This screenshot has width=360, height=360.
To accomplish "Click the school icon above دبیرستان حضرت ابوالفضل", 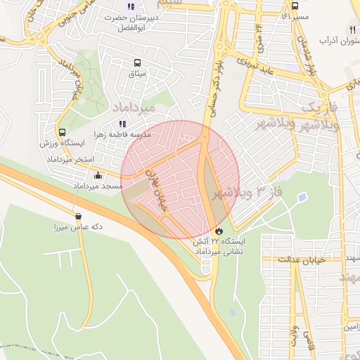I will click(x=131, y=7).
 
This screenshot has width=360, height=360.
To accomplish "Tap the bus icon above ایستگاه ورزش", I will click(x=63, y=132).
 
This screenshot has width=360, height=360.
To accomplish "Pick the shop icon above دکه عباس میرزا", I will click(x=78, y=217).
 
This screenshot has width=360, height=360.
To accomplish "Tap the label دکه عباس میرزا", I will click(x=78, y=228).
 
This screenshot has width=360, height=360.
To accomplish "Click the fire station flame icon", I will click(x=219, y=231).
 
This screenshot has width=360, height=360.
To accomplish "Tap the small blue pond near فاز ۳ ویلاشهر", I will click(x=302, y=198).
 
